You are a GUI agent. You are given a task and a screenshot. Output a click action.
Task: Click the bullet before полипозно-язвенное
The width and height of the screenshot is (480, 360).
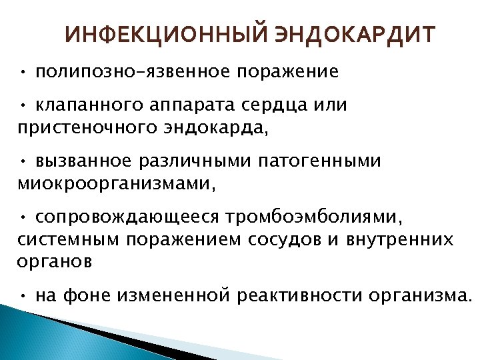23,71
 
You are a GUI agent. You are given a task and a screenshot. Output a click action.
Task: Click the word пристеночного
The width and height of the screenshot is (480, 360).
86,127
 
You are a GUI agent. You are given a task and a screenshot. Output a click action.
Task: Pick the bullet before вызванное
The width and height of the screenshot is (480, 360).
23,161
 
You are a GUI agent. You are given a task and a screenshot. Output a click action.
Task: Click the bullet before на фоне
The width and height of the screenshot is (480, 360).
23,295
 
